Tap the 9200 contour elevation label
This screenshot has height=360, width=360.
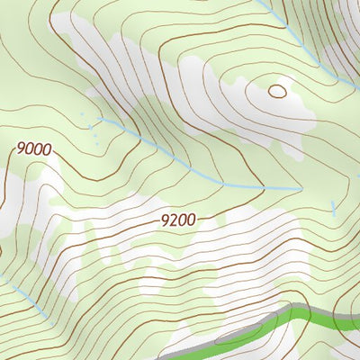pyautogui.click(x=177, y=219)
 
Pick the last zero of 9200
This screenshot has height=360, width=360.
pyautogui.click(x=190, y=219)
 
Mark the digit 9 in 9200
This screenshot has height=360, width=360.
pyautogui.click(x=164, y=219)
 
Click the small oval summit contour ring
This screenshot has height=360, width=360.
pyautogui.click(x=277, y=91)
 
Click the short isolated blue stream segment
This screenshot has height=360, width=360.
pyautogui.click(x=333, y=209)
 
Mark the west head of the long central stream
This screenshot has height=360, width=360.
pyautogui.click(x=99, y=118)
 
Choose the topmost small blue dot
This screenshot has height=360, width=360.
pyautogui.click(x=82, y=115)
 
